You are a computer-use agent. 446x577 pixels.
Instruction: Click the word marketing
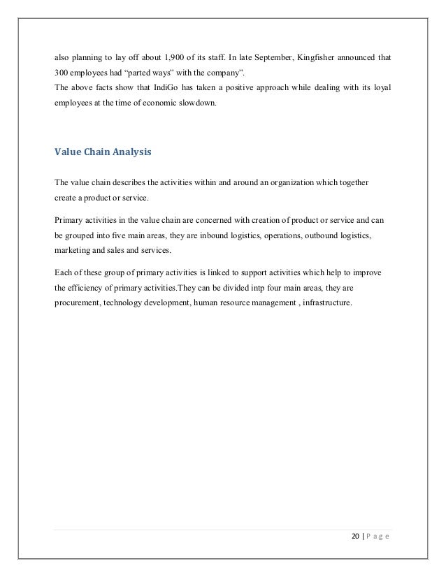tap(73, 250)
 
